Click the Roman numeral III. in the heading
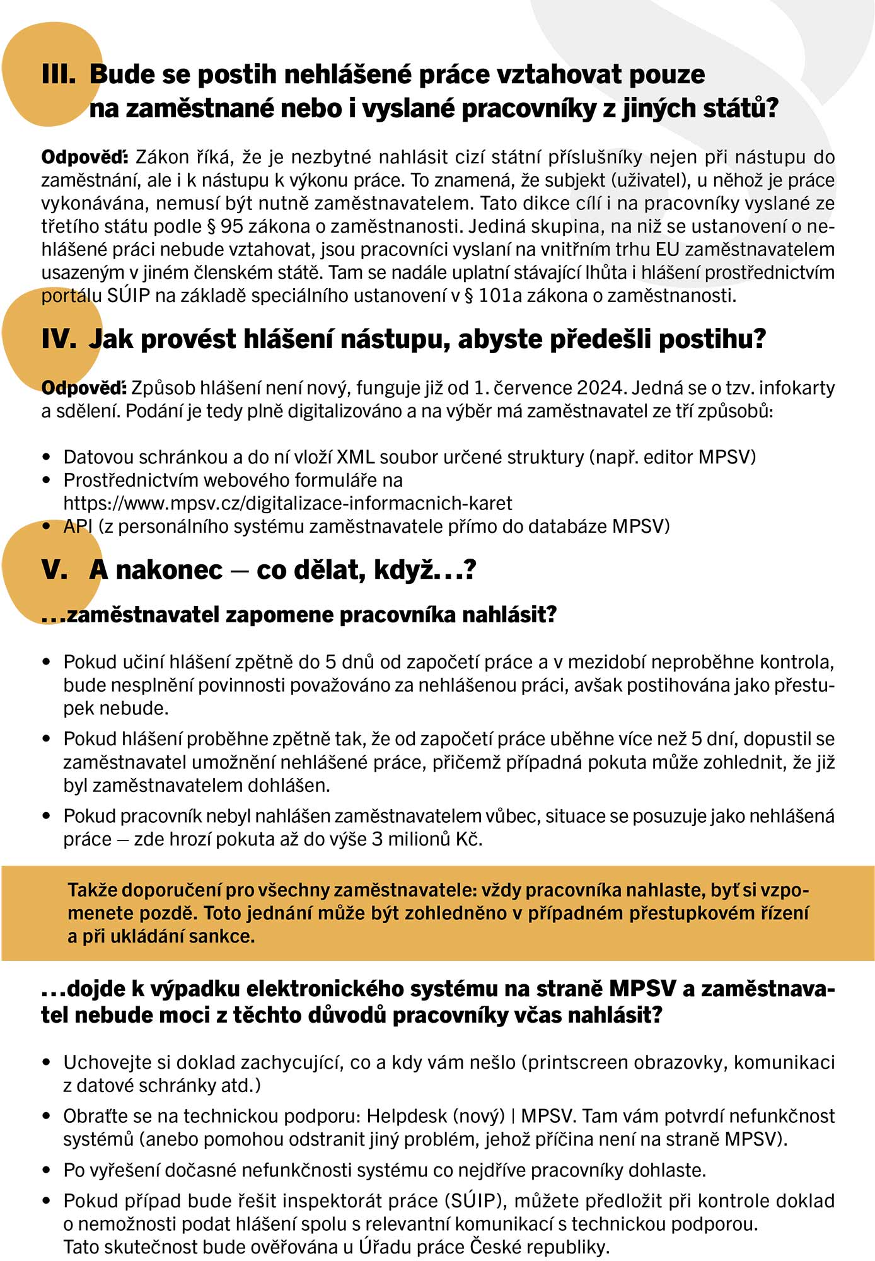click(59, 74)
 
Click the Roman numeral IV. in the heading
click(59, 339)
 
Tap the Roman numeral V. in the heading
click(54, 570)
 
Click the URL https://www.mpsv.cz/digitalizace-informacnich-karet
click(287, 503)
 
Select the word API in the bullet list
click(78, 526)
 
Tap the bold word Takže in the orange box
click(92, 890)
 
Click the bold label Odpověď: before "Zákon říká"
click(84, 156)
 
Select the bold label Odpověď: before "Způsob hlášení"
click(84, 387)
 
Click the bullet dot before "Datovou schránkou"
click(46, 457)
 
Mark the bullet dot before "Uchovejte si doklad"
click(46, 1063)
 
